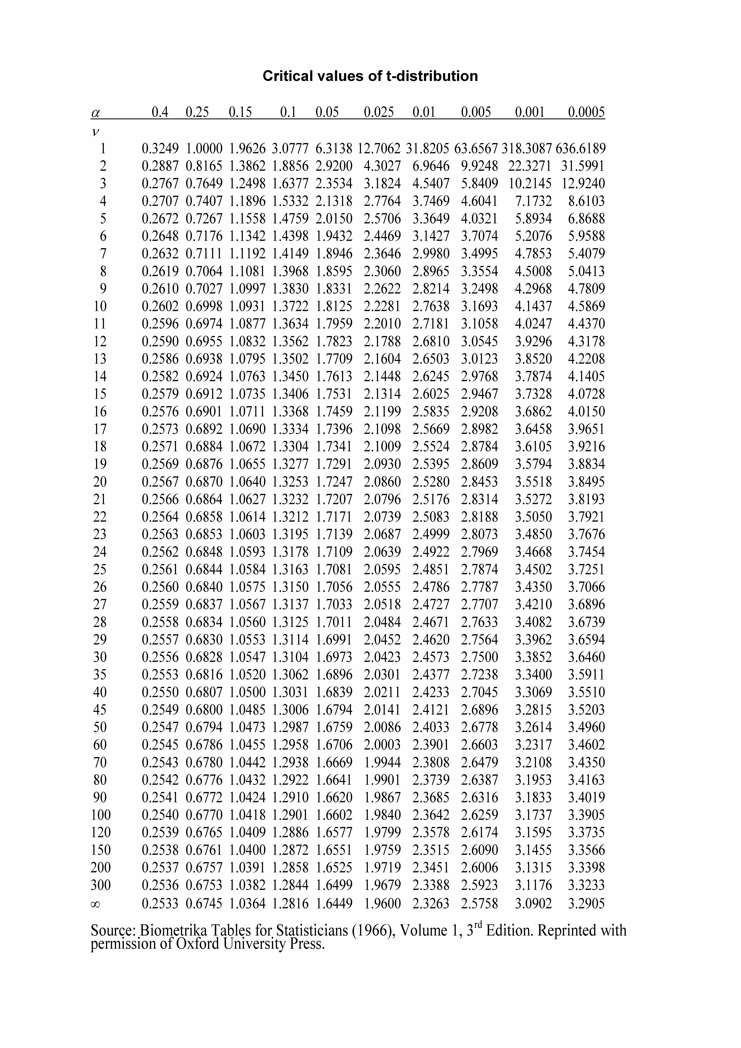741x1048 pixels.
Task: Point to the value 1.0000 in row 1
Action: point(204,148)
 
